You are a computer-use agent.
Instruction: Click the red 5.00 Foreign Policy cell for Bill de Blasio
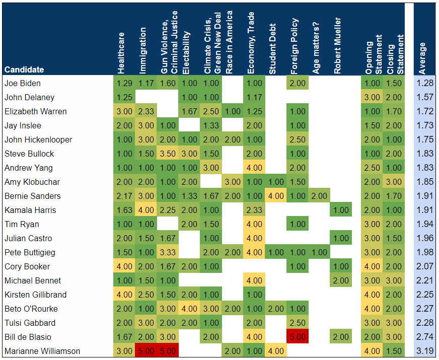click(298, 337)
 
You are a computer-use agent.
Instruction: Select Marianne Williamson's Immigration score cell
click(146, 351)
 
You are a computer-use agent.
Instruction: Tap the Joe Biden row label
click(23, 83)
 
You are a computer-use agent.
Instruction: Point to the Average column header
click(422, 55)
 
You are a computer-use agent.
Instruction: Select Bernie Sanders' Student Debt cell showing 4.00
click(276, 196)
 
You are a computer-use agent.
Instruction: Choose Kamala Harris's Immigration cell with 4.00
click(146, 210)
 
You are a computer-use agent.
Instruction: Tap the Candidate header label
click(24, 69)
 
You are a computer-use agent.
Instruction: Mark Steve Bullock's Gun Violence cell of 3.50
click(168, 154)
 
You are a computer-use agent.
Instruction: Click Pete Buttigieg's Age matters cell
click(319, 252)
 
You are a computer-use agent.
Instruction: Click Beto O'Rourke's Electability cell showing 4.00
click(189, 309)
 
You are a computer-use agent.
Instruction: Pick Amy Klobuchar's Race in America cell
click(233, 182)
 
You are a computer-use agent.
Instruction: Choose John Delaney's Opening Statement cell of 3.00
click(373, 97)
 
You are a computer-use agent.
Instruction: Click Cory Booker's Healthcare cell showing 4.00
click(124, 266)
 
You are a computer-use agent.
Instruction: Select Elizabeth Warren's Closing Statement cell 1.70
click(395, 111)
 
